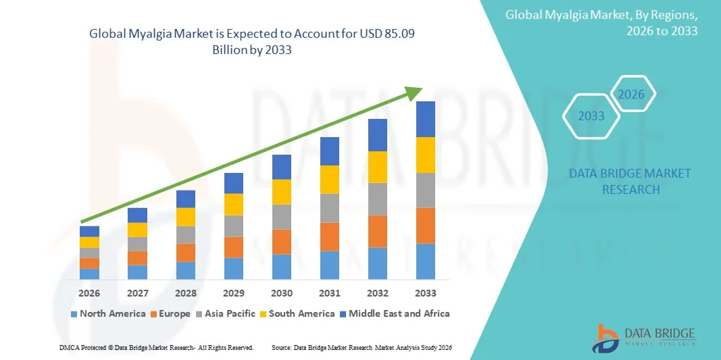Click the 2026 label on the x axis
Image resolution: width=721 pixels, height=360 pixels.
tap(89, 293)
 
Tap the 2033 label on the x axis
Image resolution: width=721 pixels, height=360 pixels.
tap(426, 293)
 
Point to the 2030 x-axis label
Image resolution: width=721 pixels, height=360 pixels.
tap(282, 293)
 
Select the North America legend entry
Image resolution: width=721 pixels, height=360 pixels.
tap(108, 313)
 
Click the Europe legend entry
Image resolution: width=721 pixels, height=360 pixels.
tap(171, 313)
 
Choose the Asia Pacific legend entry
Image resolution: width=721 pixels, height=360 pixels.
tap(226, 313)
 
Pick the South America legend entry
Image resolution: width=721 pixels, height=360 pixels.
tap(297, 313)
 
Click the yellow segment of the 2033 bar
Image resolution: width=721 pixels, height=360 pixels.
tap(426, 155)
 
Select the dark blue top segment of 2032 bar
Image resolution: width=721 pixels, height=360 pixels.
tap(378, 135)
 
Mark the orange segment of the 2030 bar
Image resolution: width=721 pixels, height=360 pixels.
tap(282, 241)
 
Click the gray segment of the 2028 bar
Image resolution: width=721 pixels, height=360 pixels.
tap(186, 234)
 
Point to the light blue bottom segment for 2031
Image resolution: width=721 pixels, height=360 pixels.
tap(330, 265)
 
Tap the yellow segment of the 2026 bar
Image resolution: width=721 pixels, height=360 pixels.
tap(89, 242)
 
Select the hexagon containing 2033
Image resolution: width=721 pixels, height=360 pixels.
tap(591, 116)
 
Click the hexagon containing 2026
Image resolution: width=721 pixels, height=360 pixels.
tap(632, 95)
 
